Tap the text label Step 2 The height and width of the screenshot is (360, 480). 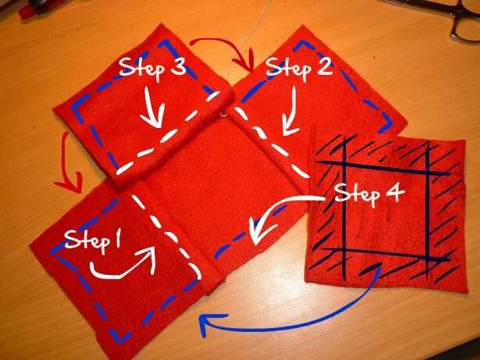pyautogui.click(x=299, y=68)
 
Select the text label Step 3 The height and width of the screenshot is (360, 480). pyautogui.click(x=152, y=68)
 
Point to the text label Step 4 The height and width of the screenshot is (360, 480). pyautogui.click(x=370, y=194)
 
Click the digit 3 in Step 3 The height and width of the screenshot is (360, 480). pyautogui.click(x=177, y=66)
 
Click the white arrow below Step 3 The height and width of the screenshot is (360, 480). pyautogui.click(x=152, y=108)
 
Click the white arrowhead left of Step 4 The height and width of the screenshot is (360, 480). pyautogui.click(x=256, y=232)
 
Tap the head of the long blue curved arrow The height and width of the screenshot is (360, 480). pyautogui.click(x=208, y=322)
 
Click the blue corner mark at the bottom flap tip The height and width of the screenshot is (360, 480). pyautogui.click(x=120, y=337)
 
